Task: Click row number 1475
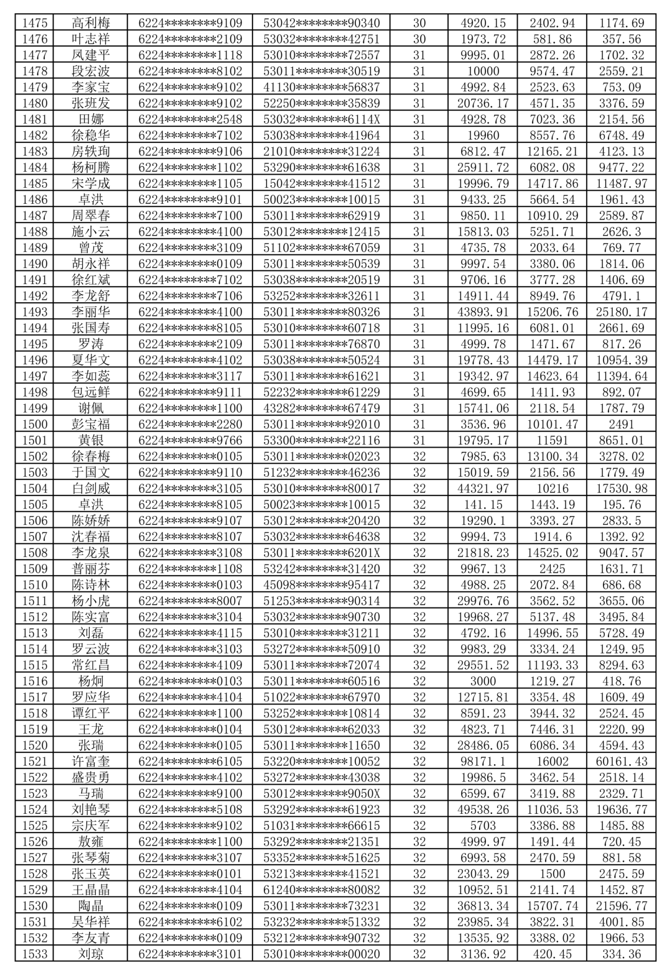(x=34, y=23)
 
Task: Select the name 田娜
(x=90, y=119)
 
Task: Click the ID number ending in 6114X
(x=321, y=119)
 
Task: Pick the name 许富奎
(x=90, y=762)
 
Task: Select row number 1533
(x=34, y=954)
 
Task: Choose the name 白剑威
(x=90, y=489)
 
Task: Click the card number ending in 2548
(x=190, y=119)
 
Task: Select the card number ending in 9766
(x=190, y=440)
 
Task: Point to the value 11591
(x=552, y=440)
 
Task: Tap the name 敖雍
(x=90, y=842)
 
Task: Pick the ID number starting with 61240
(x=321, y=890)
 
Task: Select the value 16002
(x=552, y=762)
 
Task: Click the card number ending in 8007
(x=190, y=601)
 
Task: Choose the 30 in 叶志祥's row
(x=419, y=39)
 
